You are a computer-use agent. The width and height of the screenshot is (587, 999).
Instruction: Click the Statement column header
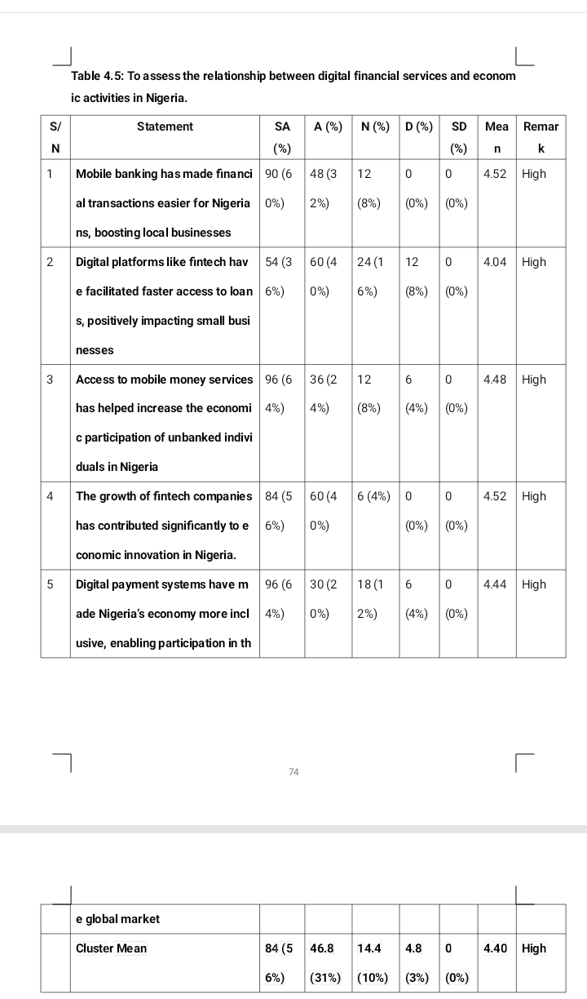[x=165, y=127]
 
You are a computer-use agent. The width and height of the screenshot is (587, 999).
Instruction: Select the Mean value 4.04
[x=496, y=262]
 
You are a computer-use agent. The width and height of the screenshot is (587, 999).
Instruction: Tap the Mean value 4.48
[x=496, y=380]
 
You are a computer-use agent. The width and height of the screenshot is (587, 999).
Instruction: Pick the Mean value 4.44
[x=496, y=584]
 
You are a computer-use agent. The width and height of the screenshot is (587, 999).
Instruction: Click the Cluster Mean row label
[x=111, y=948]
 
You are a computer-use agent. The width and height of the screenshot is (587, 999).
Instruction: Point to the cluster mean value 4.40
[x=496, y=948]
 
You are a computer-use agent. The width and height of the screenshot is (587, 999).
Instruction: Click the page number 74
[x=293, y=771]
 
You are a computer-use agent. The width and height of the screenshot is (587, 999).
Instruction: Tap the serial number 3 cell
[x=51, y=380]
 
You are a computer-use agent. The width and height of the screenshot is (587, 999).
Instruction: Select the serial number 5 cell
[x=51, y=584]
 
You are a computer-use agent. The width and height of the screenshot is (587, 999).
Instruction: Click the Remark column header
[x=541, y=137]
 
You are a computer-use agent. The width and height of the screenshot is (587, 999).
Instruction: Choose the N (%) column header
[x=375, y=127]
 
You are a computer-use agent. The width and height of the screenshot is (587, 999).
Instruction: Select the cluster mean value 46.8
[x=323, y=948]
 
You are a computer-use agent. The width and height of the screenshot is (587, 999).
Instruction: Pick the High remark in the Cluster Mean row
[x=534, y=948]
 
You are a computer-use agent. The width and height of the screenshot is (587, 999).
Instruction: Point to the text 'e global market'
[x=117, y=919]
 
